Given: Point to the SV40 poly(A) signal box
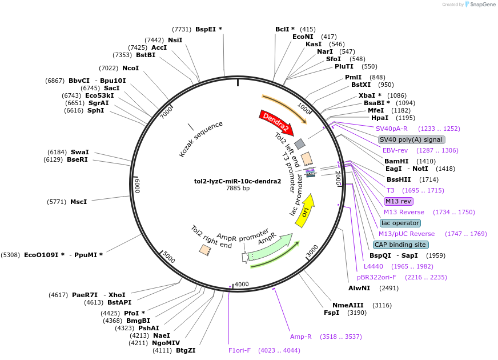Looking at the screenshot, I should tap(411, 139).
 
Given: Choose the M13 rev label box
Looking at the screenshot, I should tap(398, 201).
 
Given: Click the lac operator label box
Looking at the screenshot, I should tap(400, 223).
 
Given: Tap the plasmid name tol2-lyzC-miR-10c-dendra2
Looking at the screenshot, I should tap(238, 181).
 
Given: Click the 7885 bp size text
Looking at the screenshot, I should tap(238, 188).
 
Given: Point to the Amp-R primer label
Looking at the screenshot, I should tap(300, 337).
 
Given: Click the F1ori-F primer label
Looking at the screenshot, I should tap(239, 350).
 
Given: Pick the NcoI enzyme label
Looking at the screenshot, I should tap(130, 68).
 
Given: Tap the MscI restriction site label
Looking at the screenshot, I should tap(78, 202).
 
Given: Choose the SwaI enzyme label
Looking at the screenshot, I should tap(79, 152).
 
